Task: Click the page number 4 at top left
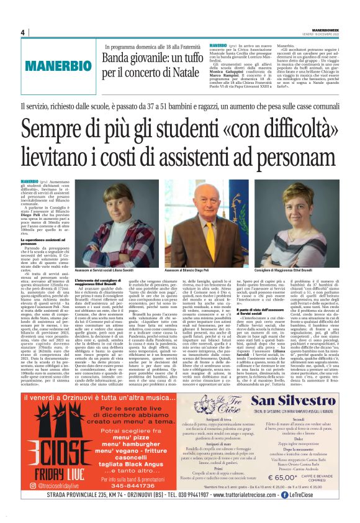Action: (22, 32)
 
